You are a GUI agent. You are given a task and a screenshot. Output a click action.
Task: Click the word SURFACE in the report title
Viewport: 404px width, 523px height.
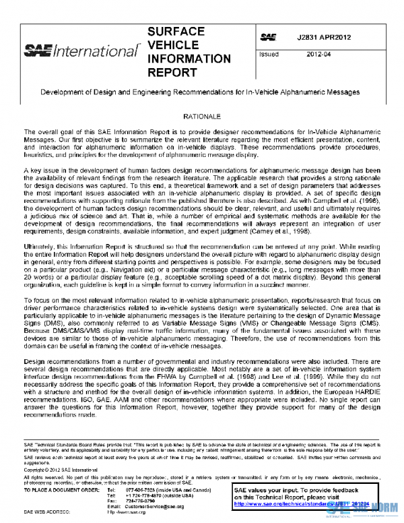(x=176, y=32)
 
